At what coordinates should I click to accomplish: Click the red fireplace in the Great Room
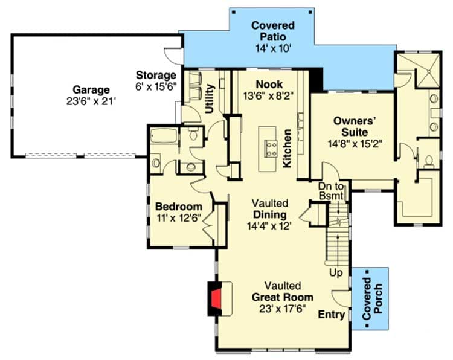pos(216,298)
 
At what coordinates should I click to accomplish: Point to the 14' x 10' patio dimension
pos(273,48)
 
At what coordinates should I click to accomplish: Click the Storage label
pos(156,75)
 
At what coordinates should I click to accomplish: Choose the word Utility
pos(210,98)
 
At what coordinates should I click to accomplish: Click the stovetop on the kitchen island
pos(269,146)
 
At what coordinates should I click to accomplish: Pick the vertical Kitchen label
pos(288,149)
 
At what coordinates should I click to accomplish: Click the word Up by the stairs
pos(336,273)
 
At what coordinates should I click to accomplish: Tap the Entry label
pos(331,315)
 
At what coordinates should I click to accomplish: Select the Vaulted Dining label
pos(270,209)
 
